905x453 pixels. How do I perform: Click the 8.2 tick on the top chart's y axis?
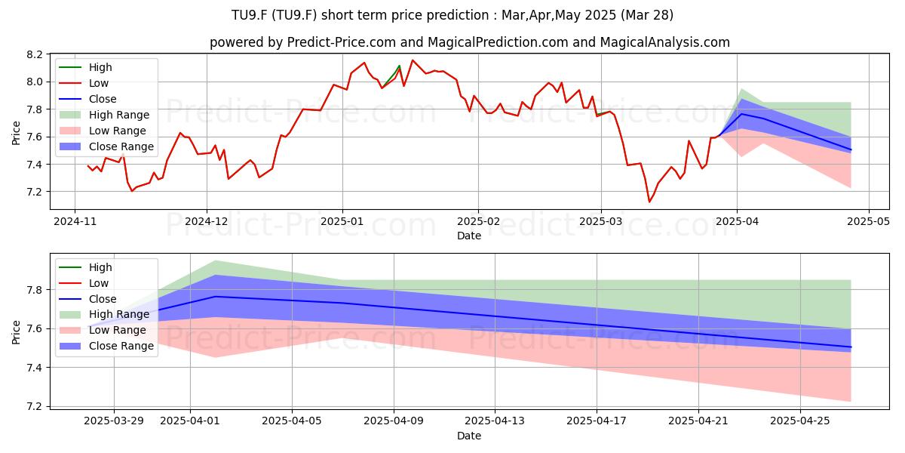(35, 54)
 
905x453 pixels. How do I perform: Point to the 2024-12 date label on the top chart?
(207, 222)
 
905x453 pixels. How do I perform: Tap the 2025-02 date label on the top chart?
(478, 222)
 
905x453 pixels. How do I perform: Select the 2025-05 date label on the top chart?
(868, 222)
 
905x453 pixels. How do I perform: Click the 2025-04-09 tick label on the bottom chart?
(394, 421)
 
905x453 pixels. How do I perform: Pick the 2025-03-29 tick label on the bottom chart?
(114, 421)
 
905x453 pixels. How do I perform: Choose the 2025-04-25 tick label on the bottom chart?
(800, 421)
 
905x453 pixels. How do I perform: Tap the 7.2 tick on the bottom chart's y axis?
(35, 406)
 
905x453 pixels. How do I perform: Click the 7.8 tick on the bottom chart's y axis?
(35, 290)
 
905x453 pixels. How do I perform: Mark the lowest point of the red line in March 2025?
(649, 202)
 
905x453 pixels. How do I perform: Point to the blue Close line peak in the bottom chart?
(216, 297)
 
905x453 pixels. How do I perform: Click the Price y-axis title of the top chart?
(16, 133)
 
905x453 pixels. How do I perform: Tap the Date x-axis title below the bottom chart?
(469, 436)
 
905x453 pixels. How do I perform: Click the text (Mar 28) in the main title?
(647, 15)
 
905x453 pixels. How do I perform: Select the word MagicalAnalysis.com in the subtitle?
(665, 42)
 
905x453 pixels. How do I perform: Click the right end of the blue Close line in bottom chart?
(851, 347)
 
